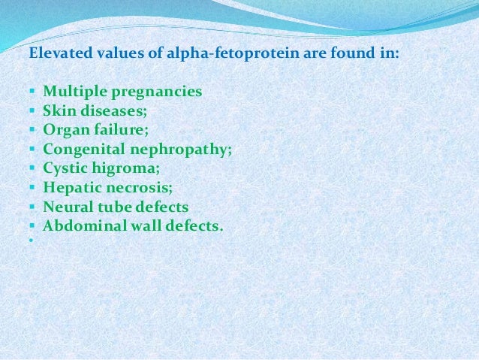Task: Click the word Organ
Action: [65, 130]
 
